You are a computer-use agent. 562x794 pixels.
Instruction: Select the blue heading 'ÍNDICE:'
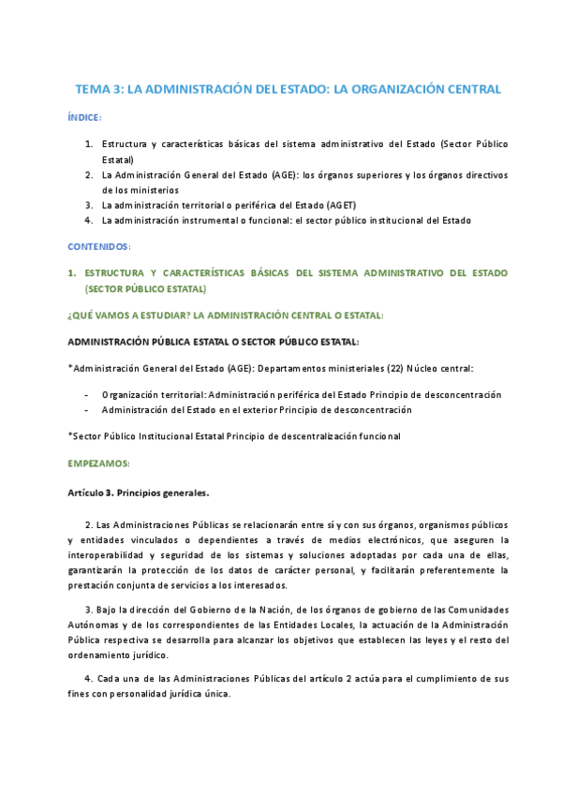(x=85, y=118)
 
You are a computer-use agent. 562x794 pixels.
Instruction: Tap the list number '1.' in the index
(x=89, y=145)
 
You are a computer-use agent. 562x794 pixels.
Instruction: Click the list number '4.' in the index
(x=89, y=220)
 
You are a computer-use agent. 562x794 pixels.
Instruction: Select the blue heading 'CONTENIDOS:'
(x=99, y=246)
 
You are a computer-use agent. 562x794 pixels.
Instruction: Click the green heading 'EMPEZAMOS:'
(x=99, y=463)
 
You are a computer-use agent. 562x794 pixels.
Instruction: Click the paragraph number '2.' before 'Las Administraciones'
(x=88, y=524)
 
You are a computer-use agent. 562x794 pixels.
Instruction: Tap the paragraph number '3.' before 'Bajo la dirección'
(x=88, y=609)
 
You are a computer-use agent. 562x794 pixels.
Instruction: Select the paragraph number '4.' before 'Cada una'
(x=88, y=676)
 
